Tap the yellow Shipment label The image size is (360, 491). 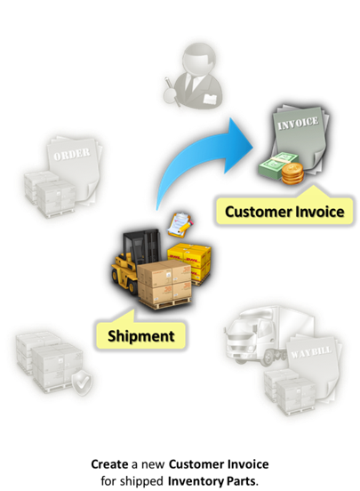(x=140, y=335)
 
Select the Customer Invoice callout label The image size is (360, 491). (x=284, y=212)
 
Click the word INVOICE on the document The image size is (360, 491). (x=298, y=123)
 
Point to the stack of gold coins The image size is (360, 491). (x=292, y=173)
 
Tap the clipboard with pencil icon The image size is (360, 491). (x=180, y=224)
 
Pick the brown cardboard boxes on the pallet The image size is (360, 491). (x=164, y=284)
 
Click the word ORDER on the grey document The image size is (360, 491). (x=72, y=154)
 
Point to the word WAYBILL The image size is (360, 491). (x=311, y=353)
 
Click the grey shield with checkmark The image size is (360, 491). (x=82, y=382)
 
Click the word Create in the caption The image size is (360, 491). (x=109, y=463)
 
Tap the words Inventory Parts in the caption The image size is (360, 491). (x=212, y=480)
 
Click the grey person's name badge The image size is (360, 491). (x=210, y=99)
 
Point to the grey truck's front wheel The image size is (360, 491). (x=267, y=357)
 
